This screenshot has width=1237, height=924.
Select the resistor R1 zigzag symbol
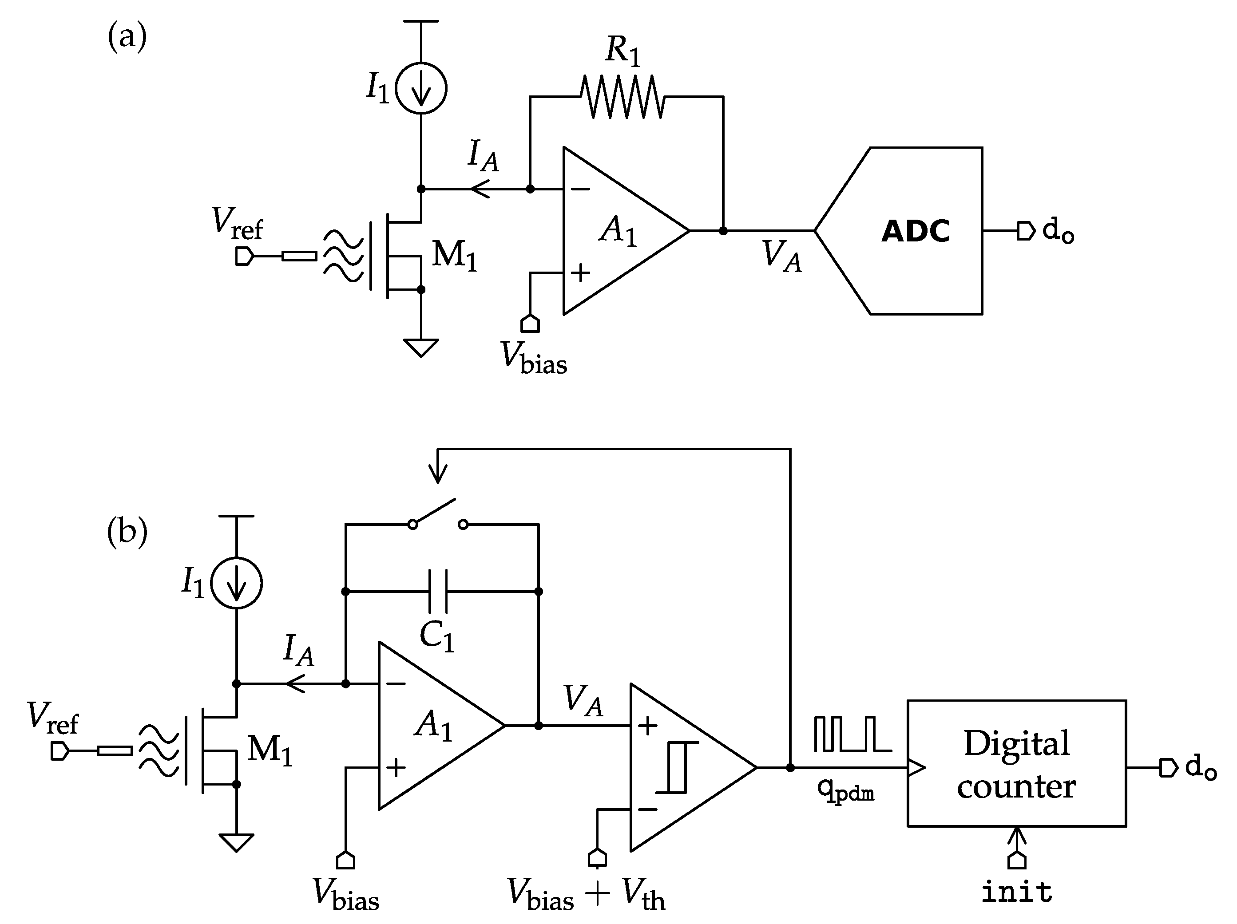[x=622, y=97]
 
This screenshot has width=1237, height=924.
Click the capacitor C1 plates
[x=437, y=592]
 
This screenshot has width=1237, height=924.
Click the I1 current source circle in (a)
[x=420, y=88]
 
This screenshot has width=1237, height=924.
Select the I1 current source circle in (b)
[x=236, y=583]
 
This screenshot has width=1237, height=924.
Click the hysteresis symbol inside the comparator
[x=677, y=767]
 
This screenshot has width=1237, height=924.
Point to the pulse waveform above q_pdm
[x=852, y=734]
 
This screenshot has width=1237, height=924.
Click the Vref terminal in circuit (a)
[x=244, y=257]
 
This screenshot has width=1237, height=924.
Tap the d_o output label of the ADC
[x=1058, y=230]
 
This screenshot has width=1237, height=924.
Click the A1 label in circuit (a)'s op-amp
[x=617, y=230]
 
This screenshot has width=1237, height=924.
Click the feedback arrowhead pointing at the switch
[x=437, y=474]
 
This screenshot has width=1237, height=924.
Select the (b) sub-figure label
[x=127, y=531]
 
